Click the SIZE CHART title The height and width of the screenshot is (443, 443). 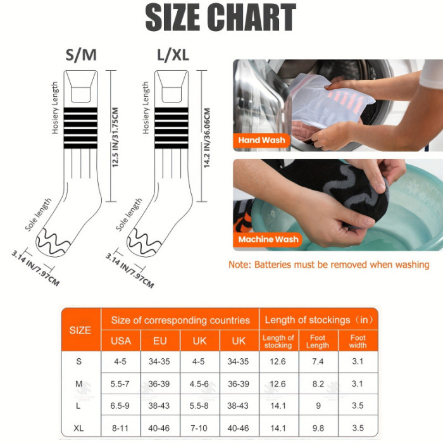(221, 18)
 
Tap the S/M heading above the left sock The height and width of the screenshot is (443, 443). (81, 55)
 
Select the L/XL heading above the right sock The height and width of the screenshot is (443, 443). (173, 55)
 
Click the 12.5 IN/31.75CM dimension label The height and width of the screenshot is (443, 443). (115, 137)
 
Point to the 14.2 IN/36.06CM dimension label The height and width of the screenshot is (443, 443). (207, 137)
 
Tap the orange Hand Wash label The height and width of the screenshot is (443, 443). (261, 140)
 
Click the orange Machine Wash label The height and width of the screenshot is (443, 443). (268, 239)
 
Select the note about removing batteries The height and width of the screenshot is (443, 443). (329, 265)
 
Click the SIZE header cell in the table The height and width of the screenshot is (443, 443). (80, 330)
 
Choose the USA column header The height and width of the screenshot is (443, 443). (121, 341)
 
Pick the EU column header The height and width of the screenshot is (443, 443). (160, 341)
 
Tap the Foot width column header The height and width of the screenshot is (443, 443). (358, 341)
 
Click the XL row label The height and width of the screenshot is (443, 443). (78, 428)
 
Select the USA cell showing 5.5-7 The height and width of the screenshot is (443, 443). (120, 384)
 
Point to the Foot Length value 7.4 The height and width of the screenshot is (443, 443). (318, 361)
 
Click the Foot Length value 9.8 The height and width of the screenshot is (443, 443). (318, 428)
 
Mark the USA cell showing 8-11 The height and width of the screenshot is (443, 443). (120, 428)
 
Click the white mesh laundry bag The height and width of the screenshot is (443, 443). (330, 100)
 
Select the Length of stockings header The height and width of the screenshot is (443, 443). (319, 320)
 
